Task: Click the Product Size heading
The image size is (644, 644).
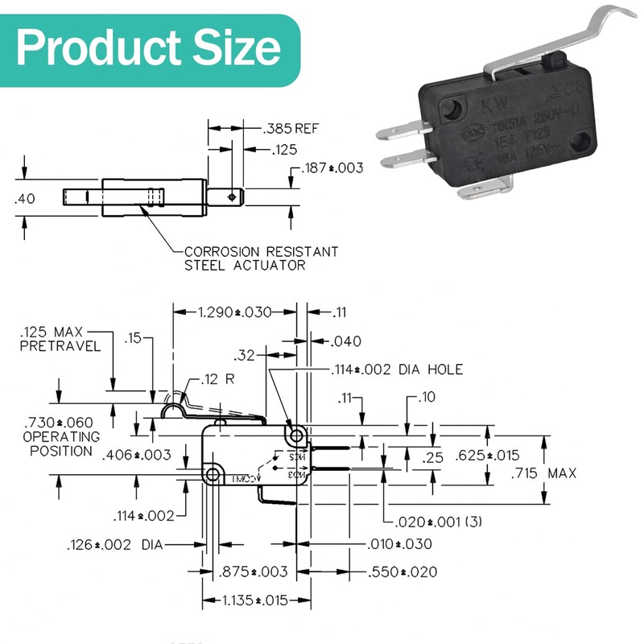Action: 149,48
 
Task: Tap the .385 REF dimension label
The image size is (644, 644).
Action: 291,128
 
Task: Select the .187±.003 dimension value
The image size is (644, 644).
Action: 332,168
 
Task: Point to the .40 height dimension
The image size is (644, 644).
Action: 25,199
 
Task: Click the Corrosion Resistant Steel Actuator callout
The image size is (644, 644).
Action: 261,258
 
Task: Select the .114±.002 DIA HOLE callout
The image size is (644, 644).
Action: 398,369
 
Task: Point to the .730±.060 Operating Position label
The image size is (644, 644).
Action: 61,436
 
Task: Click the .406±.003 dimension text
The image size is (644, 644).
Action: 137,456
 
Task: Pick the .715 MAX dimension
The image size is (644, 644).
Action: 543,473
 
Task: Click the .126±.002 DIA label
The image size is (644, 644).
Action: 114,545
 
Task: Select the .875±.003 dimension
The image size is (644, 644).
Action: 253,572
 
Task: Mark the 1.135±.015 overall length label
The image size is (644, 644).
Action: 257,600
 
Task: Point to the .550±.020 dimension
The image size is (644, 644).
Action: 402,572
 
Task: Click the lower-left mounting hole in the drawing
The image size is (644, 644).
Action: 213,474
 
